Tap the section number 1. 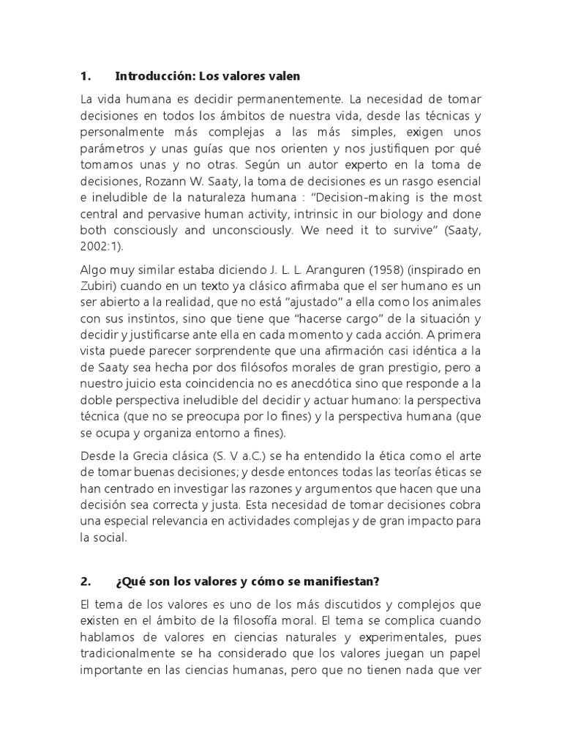[x=85, y=76]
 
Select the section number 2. [x=85, y=582]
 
